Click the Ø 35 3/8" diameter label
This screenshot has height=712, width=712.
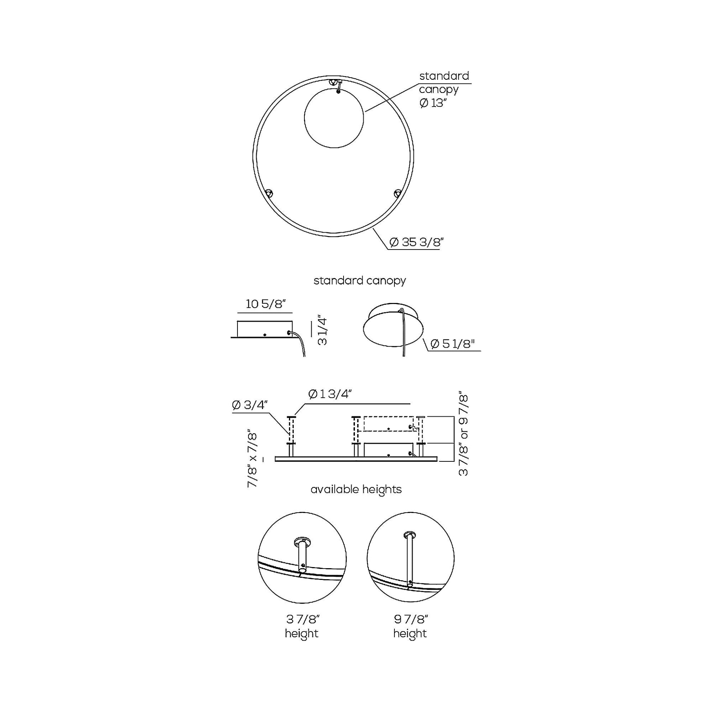(x=416, y=243)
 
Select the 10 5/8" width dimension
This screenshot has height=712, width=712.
(x=266, y=304)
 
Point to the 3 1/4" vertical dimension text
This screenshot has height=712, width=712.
(x=322, y=330)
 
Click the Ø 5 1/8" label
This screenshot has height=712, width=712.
(x=452, y=344)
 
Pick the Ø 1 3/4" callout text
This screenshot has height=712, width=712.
(x=330, y=394)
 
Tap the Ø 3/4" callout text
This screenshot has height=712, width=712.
(x=250, y=405)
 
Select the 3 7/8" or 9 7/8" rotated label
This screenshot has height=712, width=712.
(x=463, y=435)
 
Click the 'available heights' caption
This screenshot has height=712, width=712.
(x=356, y=490)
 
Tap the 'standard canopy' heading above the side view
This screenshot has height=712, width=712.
(x=359, y=281)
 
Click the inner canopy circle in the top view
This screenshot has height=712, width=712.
(x=334, y=118)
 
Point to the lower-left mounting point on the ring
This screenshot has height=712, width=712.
(x=270, y=193)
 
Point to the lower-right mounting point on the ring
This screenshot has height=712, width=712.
(x=397, y=193)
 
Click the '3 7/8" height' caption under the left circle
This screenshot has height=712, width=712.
(x=302, y=626)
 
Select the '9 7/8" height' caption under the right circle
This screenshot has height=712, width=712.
(x=410, y=626)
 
